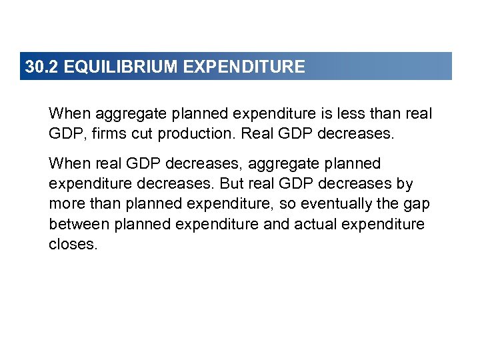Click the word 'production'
coord(195,134)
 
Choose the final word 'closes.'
coord(73,244)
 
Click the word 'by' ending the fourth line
coord(405,184)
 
